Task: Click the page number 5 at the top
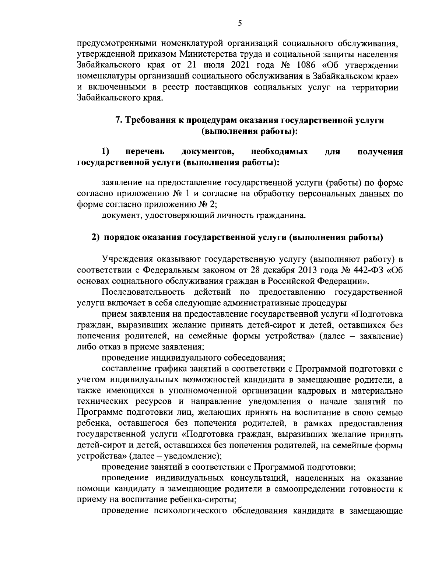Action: [240, 23]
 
